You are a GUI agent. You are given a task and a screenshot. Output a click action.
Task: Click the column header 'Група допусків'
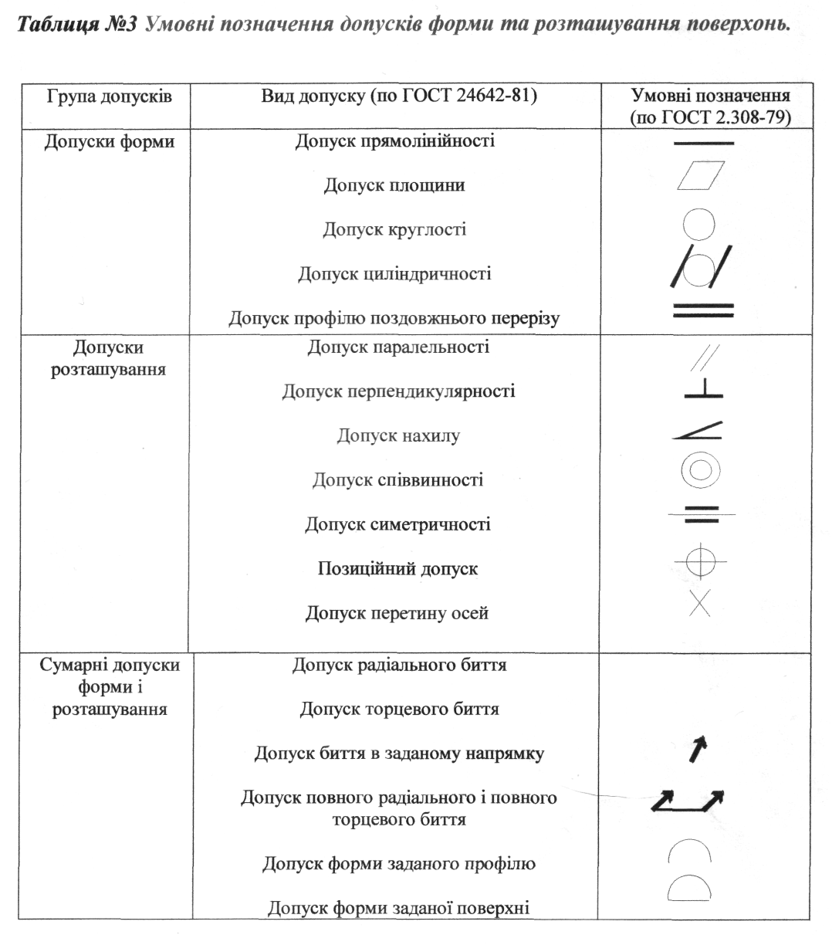pos(109,97)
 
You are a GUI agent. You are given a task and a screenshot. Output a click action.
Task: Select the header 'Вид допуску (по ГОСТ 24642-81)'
pos(399,97)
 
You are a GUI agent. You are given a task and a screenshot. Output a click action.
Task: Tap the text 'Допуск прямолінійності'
pos(394,141)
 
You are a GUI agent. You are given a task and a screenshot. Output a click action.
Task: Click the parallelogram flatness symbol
pos(702,174)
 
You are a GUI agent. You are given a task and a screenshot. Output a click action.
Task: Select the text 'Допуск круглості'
pos(394,230)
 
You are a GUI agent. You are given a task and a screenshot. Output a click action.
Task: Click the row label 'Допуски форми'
pos(109,142)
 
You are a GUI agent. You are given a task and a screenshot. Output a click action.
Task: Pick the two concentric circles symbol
pos(701,470)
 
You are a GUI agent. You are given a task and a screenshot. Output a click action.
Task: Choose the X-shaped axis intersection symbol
pos(699,603)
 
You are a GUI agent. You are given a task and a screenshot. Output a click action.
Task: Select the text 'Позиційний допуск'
pos(397,569)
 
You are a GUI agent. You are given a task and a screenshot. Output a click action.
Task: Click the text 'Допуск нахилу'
pos(397,436)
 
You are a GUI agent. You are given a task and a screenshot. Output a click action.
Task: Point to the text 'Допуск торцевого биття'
pos(399,709)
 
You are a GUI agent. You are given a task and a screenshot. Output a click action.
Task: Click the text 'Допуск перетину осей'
pos(397,614)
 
